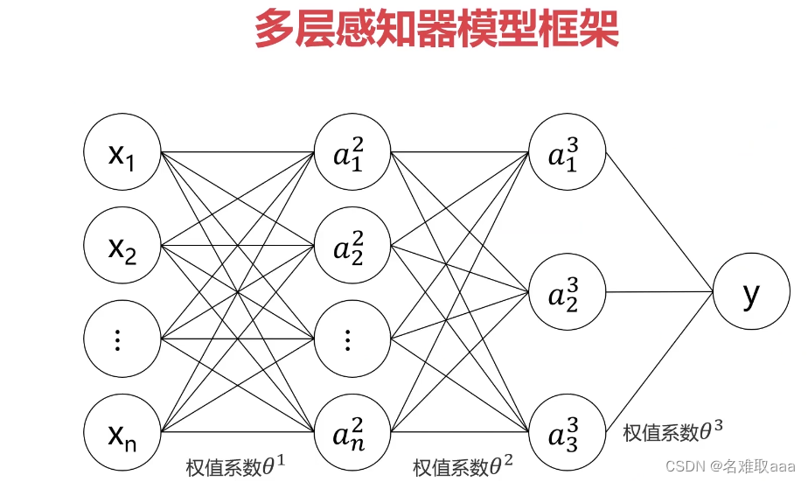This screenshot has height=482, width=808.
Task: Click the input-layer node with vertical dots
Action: click(x=122, y=339)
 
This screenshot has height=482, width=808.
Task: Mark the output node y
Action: click(x=751, y=292)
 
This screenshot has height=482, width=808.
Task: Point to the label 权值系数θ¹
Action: click(x=236, y=465)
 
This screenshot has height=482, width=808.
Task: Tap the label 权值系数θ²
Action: click(x=463, y=465)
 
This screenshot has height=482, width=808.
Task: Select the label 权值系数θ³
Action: click(x=673, y=430)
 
